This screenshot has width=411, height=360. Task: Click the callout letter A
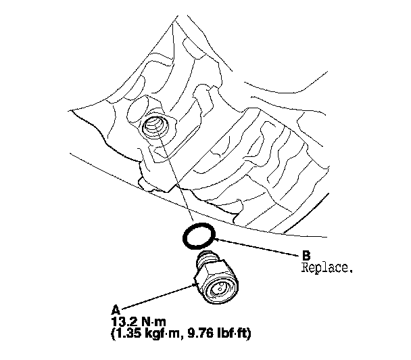[x=116, y=310]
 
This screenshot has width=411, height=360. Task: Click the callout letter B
[x=306, y=255]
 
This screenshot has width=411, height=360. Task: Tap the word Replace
[x=327, y=268]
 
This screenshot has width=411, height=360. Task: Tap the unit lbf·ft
[x=232, y=333]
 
